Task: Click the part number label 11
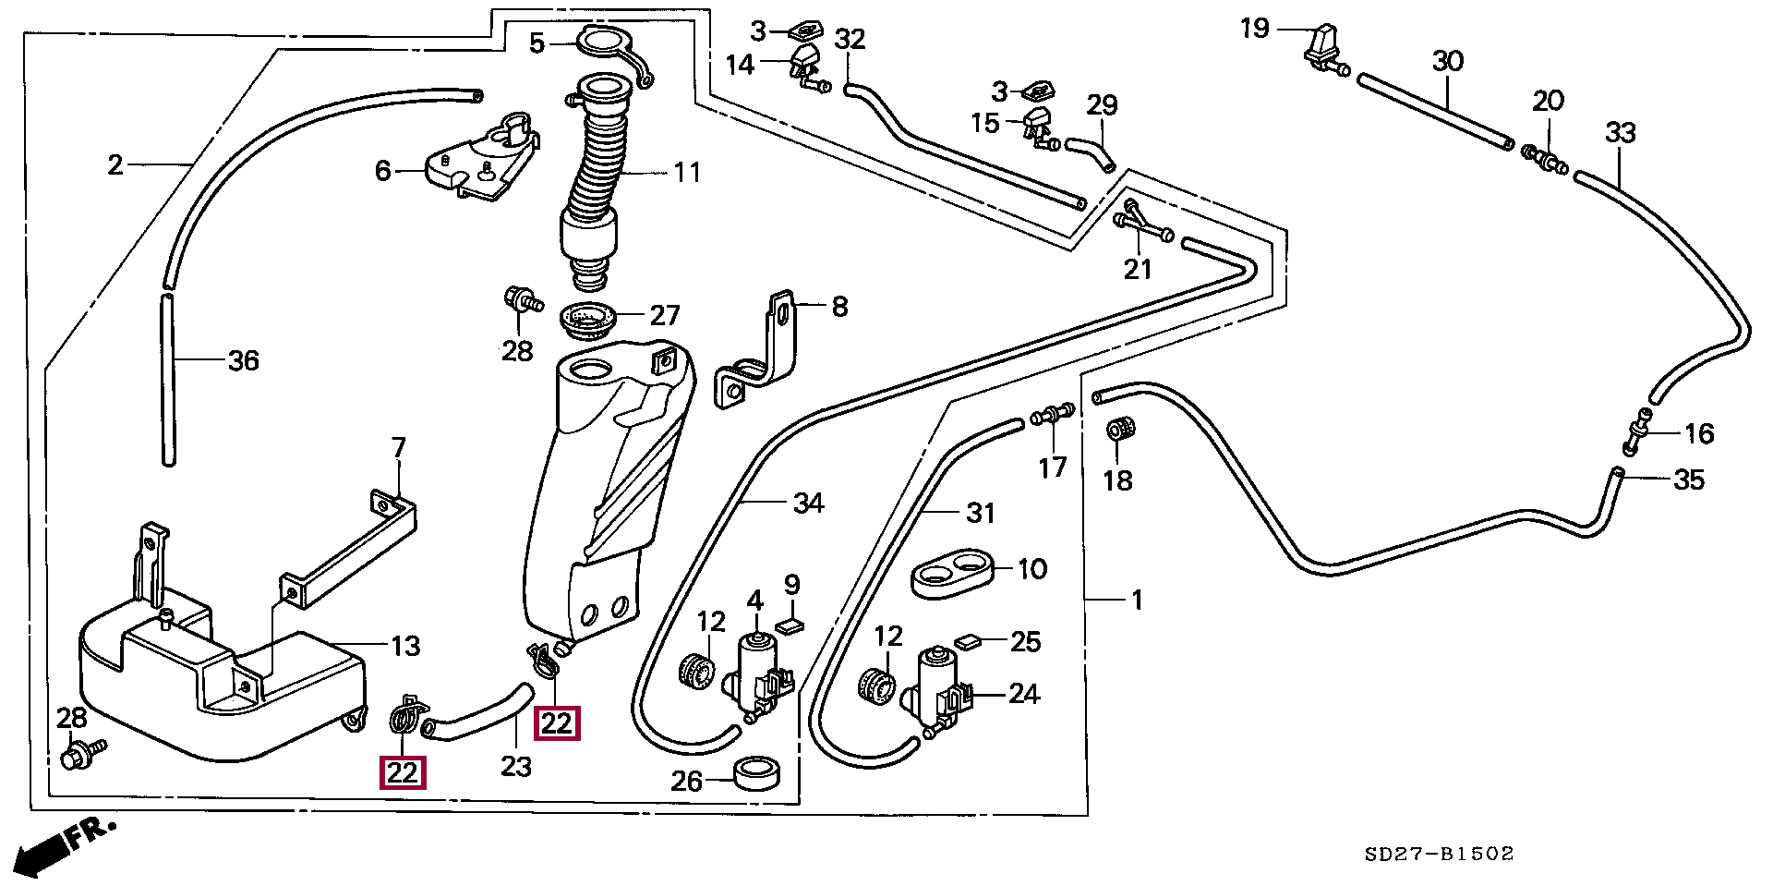(687, 172)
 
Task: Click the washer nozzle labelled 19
(1323, 47)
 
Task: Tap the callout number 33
(1620, 133)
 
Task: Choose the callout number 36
(243, 360)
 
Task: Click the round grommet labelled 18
(1119, 431)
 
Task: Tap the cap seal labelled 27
(589, 320)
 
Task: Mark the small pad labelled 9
(791, 626)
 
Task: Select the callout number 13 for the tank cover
(405, 646)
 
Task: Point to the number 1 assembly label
(1138, 600)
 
